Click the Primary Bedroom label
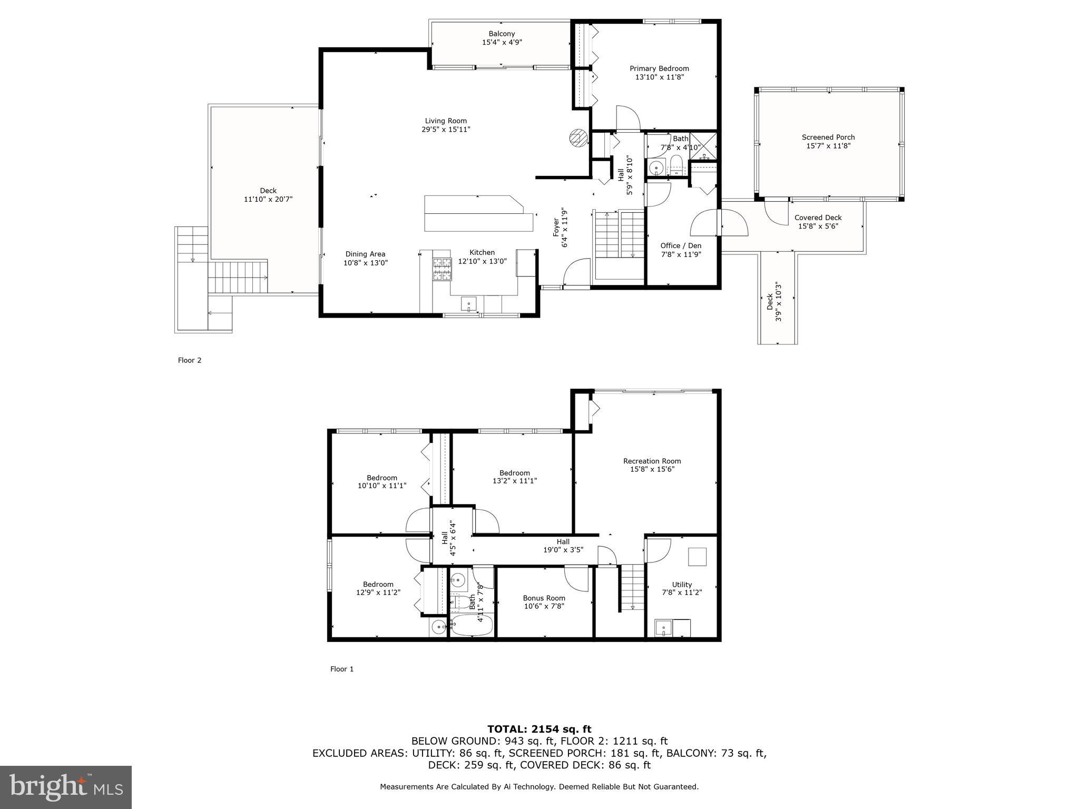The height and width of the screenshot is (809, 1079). point(659,68)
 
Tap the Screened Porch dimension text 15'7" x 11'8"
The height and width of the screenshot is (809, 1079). point(828,146)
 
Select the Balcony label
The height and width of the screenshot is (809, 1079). point(502,34)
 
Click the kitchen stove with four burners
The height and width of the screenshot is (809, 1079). point(442,269)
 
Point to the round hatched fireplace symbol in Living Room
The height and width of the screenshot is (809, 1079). point(578,137)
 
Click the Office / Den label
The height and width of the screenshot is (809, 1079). point(681,245)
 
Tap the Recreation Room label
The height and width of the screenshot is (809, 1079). point(652,461)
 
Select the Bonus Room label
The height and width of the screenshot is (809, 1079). point(544,598)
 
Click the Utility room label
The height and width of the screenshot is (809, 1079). point(682,584)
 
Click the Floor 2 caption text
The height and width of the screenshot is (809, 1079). point(190,360)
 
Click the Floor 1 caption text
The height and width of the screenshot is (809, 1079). point(342,669)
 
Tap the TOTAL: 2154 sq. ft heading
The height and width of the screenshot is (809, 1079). point(539,729)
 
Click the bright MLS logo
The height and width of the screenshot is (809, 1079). point(66,787)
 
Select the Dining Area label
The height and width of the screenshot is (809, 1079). point(365,254)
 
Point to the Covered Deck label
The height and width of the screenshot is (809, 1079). point(818,218)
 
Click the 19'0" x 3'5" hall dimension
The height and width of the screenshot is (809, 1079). point(563,550)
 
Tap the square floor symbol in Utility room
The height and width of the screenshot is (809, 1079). point(698,557)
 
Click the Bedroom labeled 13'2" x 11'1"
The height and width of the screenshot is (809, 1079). point(514,472)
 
